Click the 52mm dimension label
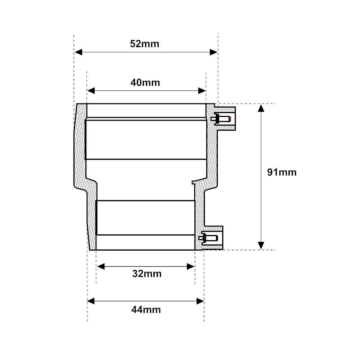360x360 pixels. point(144,44)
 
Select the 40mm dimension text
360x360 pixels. point(145,83)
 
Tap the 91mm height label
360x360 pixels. point(282,172)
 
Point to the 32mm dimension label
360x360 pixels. point(147,274)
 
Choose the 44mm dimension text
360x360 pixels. point(146,310)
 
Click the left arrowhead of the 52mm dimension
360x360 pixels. point(78,52)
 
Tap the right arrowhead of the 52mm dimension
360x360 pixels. point(213,52)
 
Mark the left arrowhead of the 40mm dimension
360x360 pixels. point(91,91)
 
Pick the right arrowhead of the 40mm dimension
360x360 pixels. point(202,91)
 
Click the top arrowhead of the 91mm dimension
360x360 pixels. point(261,108)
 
